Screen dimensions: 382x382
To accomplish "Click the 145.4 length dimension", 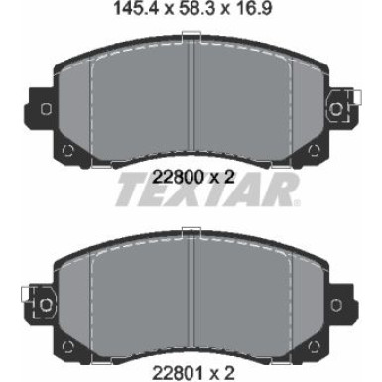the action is [134, 8].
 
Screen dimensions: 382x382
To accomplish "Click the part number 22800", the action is [178, 178].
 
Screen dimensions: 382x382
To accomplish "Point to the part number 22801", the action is [178, 373].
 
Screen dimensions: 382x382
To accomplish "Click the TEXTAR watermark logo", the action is [207, 190].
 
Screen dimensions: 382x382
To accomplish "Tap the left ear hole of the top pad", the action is [46, 109].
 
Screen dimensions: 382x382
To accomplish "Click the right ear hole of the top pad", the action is [336, 109].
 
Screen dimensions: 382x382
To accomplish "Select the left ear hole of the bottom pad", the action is [46, 304].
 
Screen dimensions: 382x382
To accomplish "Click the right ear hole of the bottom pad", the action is [336, 304].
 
